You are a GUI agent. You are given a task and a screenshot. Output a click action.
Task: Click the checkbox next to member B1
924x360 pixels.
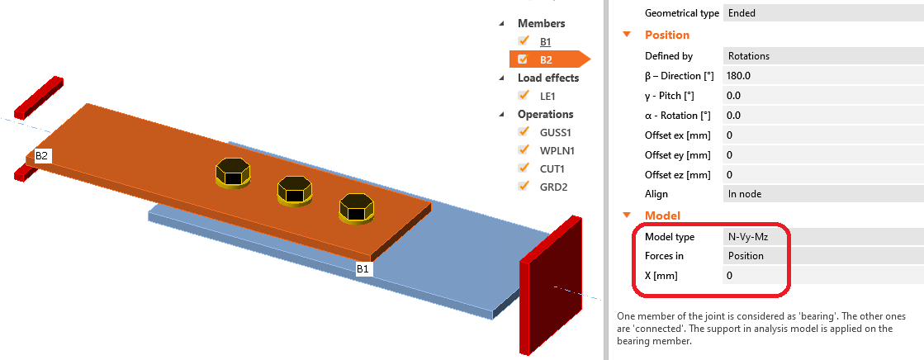523,40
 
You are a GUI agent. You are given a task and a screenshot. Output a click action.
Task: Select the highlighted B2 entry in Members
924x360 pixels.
546,59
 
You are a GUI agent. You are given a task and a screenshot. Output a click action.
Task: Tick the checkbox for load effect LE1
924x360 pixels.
523,96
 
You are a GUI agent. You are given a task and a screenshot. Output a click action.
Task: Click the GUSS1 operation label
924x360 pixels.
556,132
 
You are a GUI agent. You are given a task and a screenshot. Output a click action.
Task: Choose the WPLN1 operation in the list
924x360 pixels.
557,150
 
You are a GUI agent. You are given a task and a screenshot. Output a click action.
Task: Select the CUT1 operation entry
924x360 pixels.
552,168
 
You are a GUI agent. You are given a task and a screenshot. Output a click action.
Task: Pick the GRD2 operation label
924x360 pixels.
554,187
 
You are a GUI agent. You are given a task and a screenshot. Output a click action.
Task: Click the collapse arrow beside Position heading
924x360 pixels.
628,35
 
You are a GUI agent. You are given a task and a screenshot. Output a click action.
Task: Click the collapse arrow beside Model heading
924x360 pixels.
628,216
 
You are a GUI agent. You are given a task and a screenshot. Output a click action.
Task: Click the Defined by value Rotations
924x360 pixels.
748,56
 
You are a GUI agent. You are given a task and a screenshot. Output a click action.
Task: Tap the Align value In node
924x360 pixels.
745,195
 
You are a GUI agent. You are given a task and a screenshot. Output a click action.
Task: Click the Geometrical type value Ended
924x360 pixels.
741,13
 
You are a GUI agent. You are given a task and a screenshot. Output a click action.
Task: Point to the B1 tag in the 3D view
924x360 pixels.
363,268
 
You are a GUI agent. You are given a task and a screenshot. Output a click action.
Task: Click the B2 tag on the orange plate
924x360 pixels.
43,155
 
